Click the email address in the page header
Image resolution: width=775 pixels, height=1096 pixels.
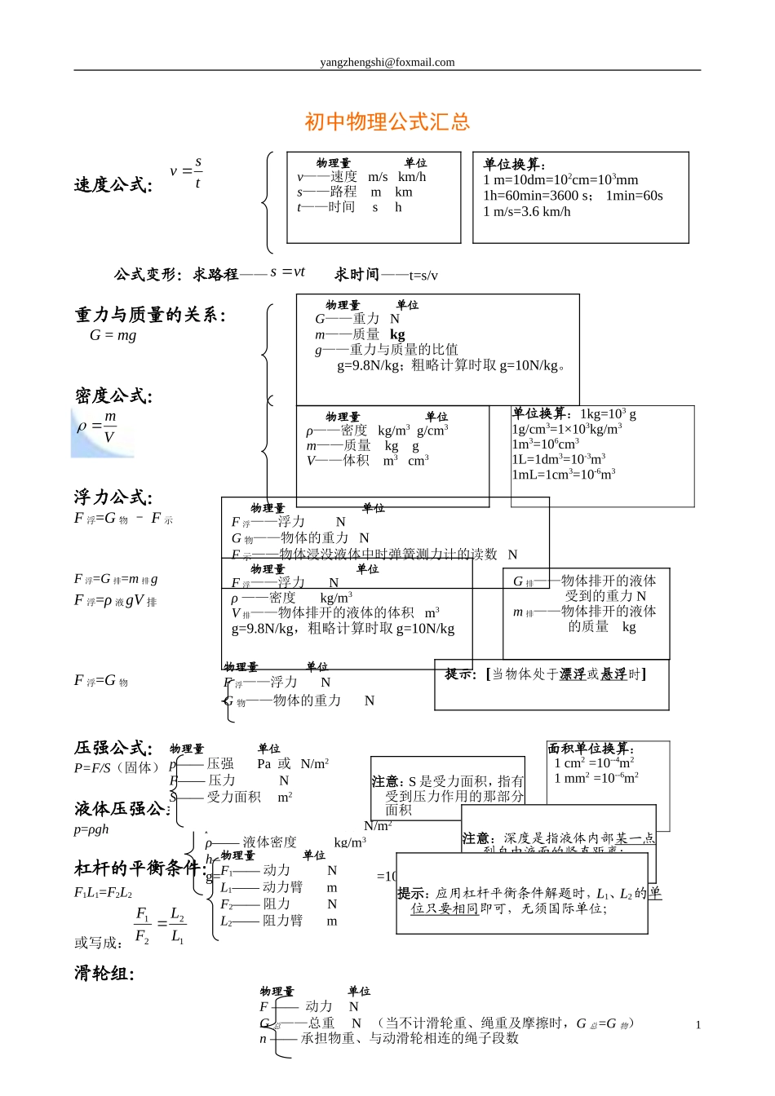pos(387,62)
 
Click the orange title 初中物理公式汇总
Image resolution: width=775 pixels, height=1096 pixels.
pos(387,122)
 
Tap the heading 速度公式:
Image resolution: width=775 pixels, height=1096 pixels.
pos(113,185)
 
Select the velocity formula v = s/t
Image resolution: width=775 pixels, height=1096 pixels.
pos(187,172)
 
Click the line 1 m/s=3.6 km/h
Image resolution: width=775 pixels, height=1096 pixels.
pos(527,212)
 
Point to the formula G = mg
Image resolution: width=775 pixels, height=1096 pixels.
pos(113,335)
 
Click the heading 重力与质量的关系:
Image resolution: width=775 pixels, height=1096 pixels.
pos(150,315)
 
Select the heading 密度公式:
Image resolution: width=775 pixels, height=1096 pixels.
pos(113,396)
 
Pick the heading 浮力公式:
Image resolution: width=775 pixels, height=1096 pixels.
pos(113,497)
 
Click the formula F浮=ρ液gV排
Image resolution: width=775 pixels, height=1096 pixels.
pos(115,601)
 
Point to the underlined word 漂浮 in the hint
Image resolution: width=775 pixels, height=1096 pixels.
pos(572,674)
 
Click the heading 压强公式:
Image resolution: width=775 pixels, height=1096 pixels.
pos(113,748)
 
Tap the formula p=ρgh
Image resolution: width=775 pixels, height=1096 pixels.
pos(91,829)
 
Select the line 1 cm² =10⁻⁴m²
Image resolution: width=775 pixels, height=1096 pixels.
pos(594,763)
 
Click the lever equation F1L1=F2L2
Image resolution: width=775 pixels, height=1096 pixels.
pos(103,892)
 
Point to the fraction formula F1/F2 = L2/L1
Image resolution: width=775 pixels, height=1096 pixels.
pos(160,925)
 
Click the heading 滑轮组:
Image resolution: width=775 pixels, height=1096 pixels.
pos(104,973)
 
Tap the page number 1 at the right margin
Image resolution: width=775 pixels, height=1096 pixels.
pos(698,1025)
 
